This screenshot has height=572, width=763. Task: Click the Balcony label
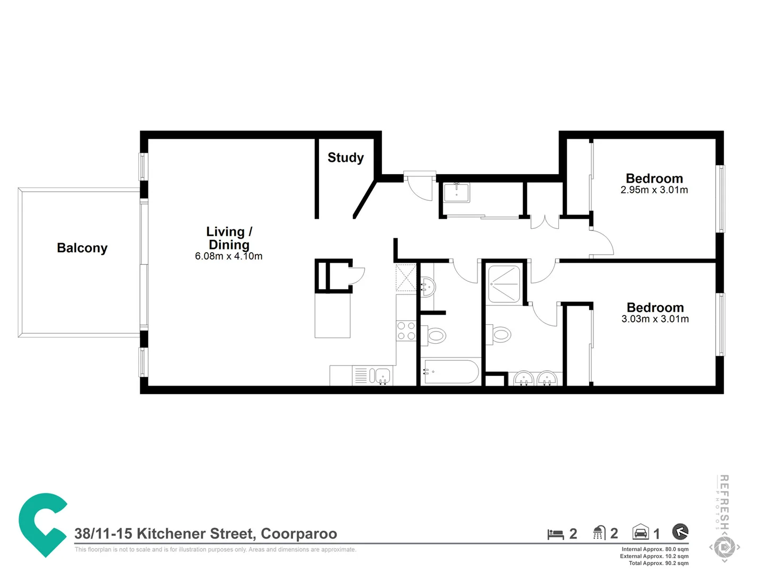82,248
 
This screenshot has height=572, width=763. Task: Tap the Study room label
345,157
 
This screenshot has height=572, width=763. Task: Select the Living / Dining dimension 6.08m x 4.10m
228,256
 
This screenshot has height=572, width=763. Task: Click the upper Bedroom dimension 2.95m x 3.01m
654,190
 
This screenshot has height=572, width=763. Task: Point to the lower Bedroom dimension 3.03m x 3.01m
655,319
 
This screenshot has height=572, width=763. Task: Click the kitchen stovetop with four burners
406,331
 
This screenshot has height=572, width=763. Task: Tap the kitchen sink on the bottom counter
379,376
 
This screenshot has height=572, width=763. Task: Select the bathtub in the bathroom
451,372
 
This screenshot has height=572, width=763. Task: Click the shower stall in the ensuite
504,284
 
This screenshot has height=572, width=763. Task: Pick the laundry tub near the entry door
456,192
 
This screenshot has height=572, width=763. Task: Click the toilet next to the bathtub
435,335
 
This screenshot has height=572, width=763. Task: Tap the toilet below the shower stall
500,334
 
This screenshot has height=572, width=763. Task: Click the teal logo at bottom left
42,524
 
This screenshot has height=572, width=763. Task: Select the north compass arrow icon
680,531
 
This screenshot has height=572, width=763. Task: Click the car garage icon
641,532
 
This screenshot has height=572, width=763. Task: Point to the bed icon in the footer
555,534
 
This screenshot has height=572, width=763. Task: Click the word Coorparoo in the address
299,534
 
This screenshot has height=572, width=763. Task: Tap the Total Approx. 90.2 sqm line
659,563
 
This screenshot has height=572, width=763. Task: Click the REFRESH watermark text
724,501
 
